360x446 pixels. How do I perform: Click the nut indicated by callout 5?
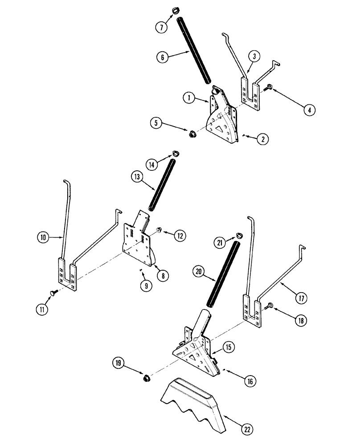pyautogui.click(x=193, y=133)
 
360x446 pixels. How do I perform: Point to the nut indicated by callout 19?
pyautogui.click(x=145, y=378)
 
